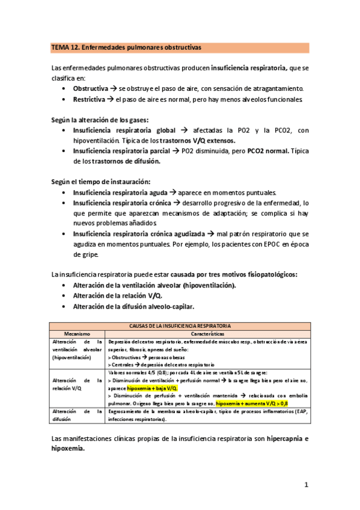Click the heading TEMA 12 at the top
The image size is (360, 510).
coord(67,47)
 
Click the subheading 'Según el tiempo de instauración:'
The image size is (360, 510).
coord(100,182)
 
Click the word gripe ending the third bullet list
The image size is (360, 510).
coord(85,255)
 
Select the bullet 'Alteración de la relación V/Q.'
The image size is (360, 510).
coord(117,295)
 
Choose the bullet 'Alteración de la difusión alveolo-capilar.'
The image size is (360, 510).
coord(133,306)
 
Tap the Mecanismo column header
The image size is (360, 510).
coord(76,333)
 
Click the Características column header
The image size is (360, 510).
coord(207,333)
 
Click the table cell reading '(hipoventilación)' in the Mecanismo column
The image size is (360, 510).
coord(70,357)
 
